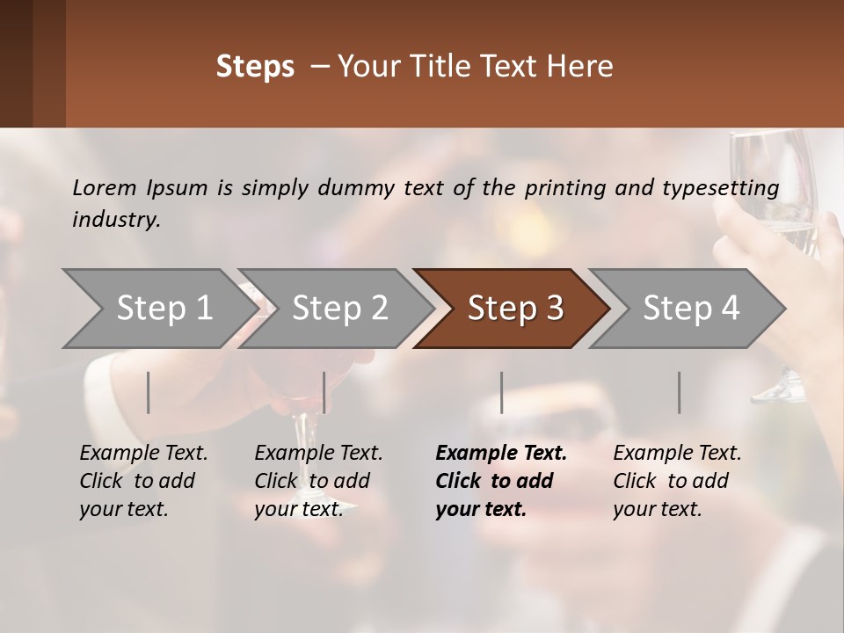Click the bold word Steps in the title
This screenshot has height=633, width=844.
tap(255, 67)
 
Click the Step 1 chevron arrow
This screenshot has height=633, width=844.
tap(158, 309)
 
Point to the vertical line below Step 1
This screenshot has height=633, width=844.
tap(149, 392)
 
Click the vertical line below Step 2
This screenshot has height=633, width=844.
tap(324, 392)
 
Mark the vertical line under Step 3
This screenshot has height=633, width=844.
tap(501, 392)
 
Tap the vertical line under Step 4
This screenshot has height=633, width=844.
tap(679, 392)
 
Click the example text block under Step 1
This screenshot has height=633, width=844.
tap(143, 481)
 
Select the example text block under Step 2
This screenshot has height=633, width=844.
tap(318, 481)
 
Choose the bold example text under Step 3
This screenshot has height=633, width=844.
tap(501, 481)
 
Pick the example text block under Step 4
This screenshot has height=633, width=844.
tap(677, 481)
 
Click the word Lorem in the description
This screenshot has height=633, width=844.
tap(105, 187)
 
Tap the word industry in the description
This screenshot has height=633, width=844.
tap(115, 220)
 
